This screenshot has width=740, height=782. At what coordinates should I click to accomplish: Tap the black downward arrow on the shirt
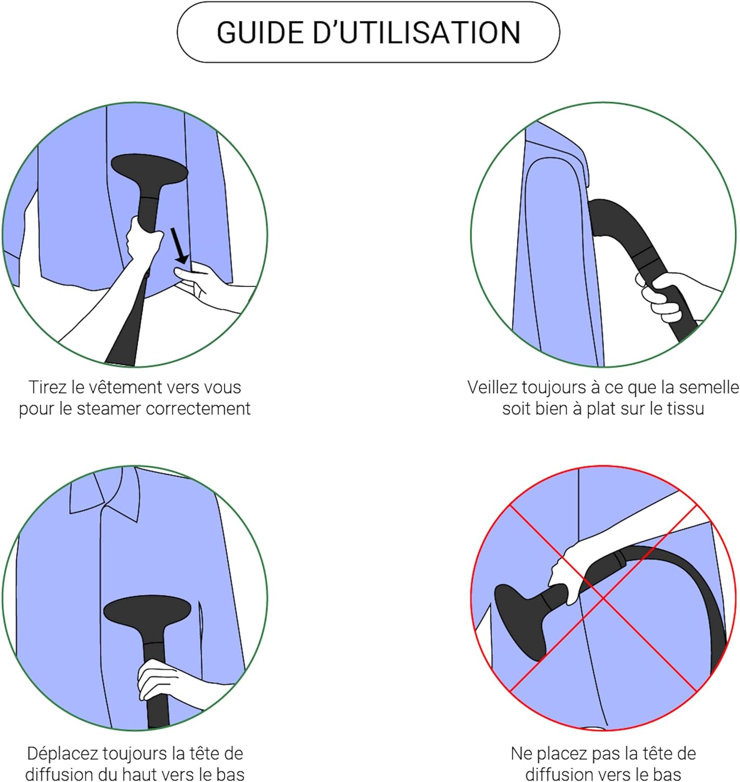pos(179,246)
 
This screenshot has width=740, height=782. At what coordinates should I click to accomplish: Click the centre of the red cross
pos(603,598)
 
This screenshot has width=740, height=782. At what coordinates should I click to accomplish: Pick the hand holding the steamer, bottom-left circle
pos(171,682)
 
